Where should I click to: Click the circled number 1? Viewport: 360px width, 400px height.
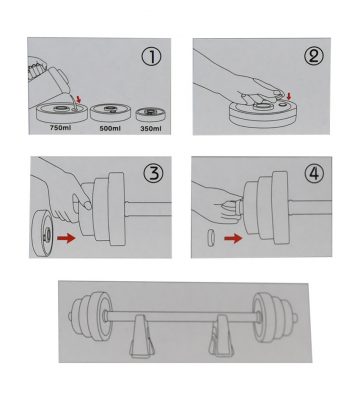pos(152,57)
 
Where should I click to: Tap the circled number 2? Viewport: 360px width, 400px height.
pos(314,56)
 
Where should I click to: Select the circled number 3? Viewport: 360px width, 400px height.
pos(153,174)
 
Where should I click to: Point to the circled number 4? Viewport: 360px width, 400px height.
pos(314,173)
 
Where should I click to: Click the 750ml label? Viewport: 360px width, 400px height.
pos(60,128)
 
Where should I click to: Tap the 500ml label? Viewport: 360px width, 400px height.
pos(110,129)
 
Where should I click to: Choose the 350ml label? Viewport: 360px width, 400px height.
pos(151,129)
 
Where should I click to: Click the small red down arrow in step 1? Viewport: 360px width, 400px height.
pos(79,99)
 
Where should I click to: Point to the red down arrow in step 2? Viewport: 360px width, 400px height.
pos(289,96)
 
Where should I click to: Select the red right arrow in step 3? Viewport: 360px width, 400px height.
pos(67,238)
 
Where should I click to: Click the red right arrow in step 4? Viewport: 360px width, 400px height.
pos(233,238)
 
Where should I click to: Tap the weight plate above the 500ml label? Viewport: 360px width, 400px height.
pos(108,113)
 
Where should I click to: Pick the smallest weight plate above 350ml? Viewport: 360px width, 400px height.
pos(150,115)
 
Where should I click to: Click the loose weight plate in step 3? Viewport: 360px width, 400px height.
pos(43,233)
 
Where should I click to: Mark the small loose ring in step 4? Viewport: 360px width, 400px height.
pos(211,237)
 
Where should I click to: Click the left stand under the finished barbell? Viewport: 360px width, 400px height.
pos(142,336)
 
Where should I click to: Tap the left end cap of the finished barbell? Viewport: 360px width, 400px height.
pos(71,315)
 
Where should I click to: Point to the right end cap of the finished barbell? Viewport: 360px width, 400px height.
pos(295,316)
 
